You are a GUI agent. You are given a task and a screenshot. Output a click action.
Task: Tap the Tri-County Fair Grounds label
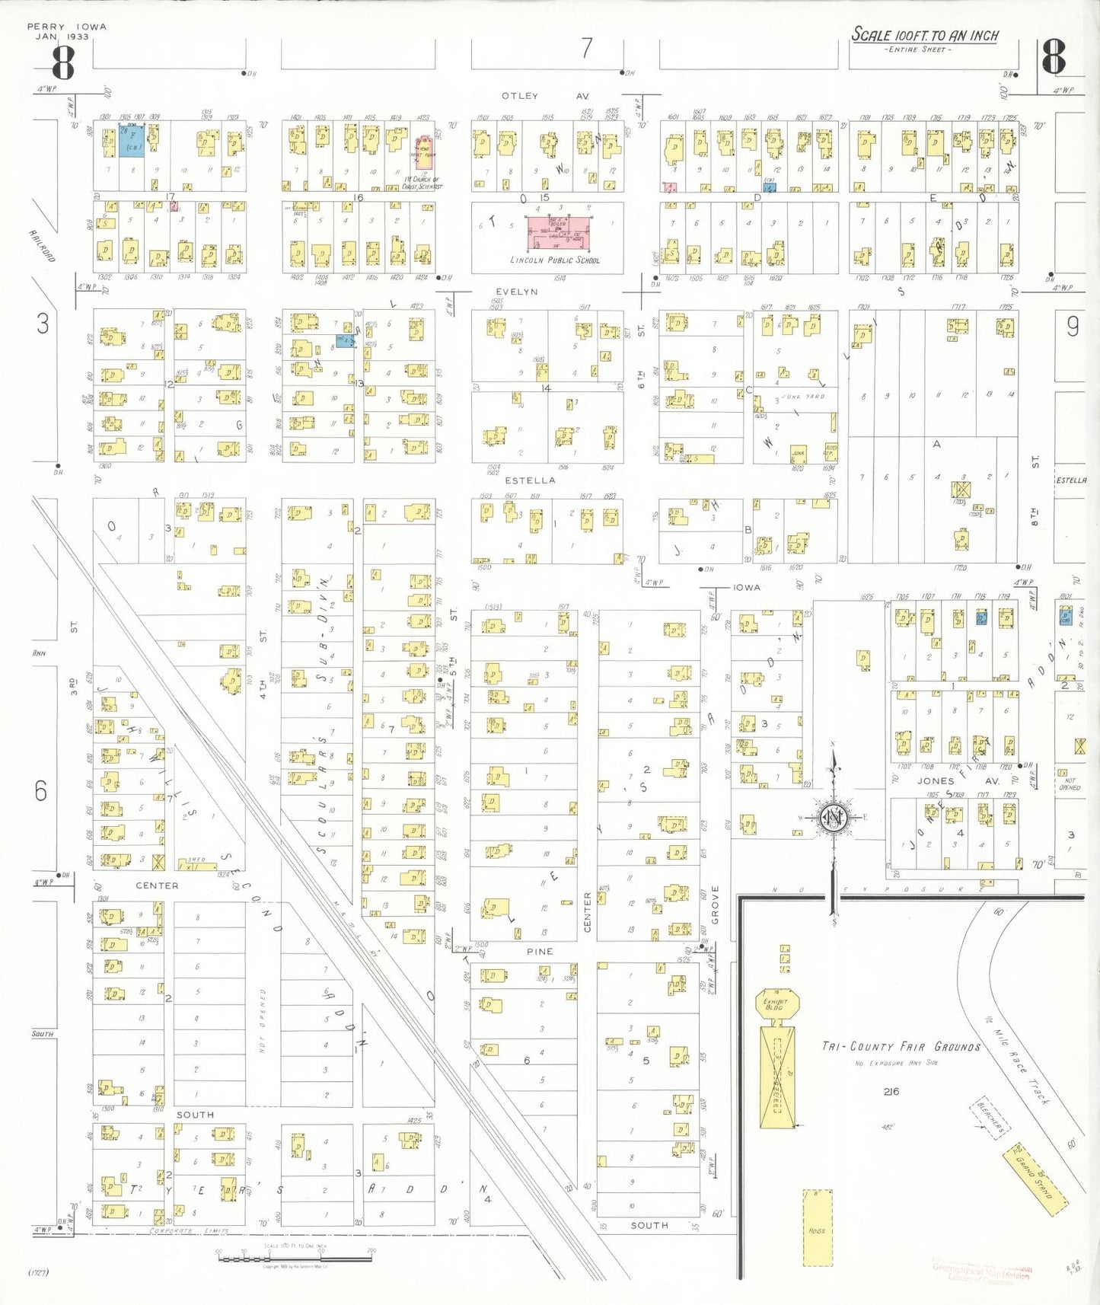[901, 1046]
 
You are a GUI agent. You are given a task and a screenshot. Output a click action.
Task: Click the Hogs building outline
[817, 1227]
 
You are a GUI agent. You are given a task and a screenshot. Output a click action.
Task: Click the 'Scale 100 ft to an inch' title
[924, 35]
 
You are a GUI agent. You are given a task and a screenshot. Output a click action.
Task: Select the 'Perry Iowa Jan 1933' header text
[67, 31]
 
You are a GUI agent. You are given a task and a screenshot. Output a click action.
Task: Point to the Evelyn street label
[517, 292]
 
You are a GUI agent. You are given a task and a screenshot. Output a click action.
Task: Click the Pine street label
[540, 951]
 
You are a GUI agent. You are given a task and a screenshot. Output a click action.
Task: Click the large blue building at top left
[131, 141]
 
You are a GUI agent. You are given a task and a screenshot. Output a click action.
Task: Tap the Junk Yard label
[804, 397]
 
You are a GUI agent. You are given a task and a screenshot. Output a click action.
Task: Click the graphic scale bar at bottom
[294, 1257]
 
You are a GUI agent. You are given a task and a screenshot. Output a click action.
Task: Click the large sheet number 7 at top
[586, 48]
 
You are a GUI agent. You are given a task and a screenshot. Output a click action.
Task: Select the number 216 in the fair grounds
[891, 1091]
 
